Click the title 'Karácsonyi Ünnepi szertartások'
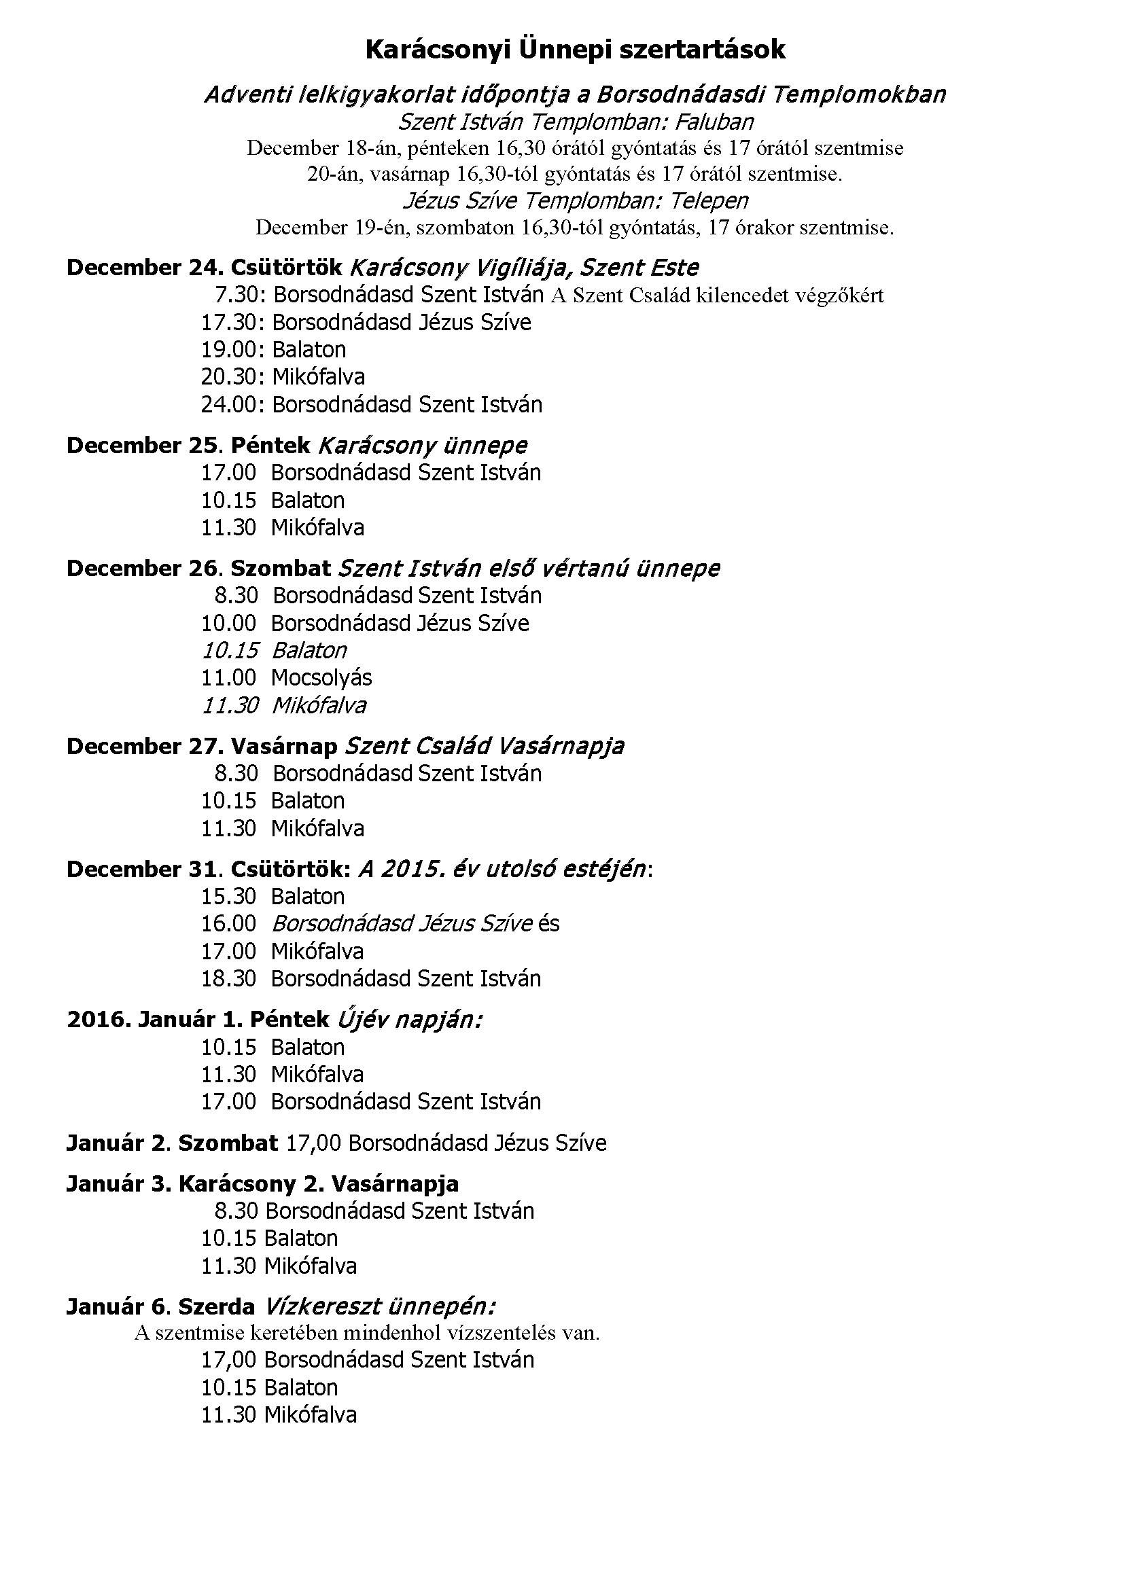coord(574,50)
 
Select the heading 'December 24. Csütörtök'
coord(205,268)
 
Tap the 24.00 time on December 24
coord(229,405)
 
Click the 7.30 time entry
coord(236,296)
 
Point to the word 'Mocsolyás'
coord(321,678)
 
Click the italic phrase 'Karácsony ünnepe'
coord(422,446)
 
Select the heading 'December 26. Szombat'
coord(198,569)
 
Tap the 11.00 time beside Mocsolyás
coord(229,678)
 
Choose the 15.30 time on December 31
coord(229,897)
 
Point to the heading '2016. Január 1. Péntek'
coord(198,1020)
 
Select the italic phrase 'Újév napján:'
coord(410,1020)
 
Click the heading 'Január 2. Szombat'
coord(173,1143)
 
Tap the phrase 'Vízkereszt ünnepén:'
coord(379,1307)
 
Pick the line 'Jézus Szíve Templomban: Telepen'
coord(575,201)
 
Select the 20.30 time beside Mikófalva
coord(229,378)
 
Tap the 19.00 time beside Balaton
coord(229,350)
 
